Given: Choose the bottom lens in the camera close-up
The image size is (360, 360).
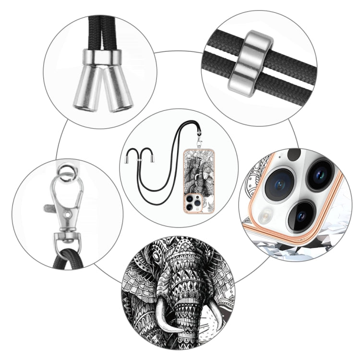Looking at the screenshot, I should pyautogui.click(x=301, y=215).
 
